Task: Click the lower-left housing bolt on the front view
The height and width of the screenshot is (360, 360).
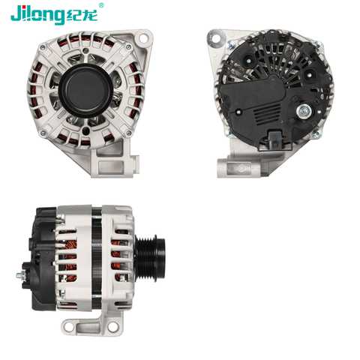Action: coord(45,132)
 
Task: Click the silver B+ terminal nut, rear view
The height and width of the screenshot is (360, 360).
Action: coord(303,113)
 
